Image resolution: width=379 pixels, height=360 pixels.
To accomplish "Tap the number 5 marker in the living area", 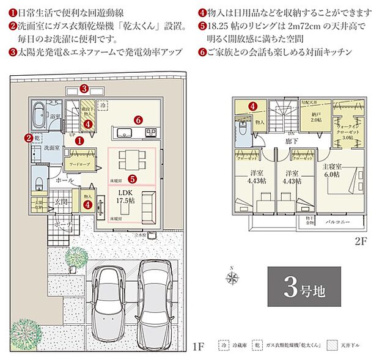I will point(131,180).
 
